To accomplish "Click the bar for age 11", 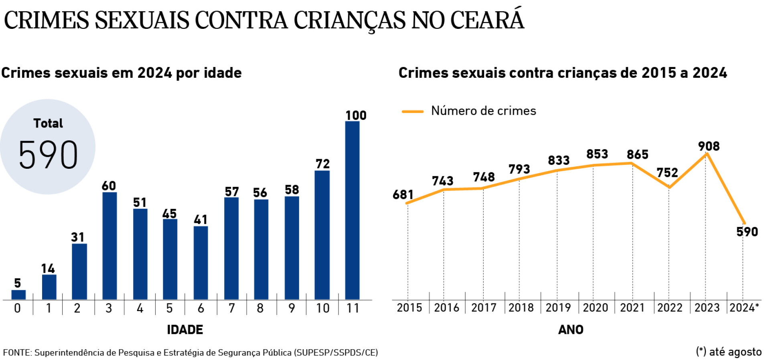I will (x=352, y=210).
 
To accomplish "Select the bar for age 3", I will (x=109, y=245).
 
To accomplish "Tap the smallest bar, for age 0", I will (x=18, y=295).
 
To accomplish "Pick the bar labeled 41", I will (x=201, y=263).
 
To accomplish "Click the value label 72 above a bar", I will (x=322, y=164).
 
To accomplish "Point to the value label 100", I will (x=356, y=115).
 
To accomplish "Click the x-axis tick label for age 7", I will (x=231, y=308).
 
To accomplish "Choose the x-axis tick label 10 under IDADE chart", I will (x=322, y=308).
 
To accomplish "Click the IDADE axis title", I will (x=185, y=330).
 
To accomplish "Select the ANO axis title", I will (x=571, y=330).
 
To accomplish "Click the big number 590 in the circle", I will (x=48, y=155).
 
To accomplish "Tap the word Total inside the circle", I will (x=48, y=123).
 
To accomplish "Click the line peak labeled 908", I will (x=707, y=153).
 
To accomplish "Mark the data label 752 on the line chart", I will (x=667, y=173).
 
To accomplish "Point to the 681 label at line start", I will (x=403, y=195).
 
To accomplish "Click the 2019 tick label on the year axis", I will (x=558, y=308).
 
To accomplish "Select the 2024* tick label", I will (x=744, y=308).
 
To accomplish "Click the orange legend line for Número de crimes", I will (x=412, y=111).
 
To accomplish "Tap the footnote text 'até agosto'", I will (x=735, y=352).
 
